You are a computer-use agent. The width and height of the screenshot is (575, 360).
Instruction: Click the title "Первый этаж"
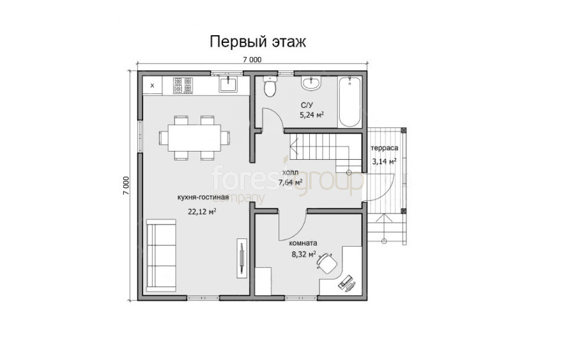coord(257,42)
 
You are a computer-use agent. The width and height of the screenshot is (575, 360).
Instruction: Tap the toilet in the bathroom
coord(270,86)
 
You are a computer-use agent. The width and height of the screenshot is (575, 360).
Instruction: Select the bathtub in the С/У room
coord(349,102)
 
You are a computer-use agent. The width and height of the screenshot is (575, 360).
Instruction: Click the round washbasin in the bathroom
coord(311,83)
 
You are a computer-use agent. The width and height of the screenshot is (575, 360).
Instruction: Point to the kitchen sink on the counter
coord(228,84)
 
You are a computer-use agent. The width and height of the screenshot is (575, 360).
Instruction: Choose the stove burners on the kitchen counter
coord(183,86)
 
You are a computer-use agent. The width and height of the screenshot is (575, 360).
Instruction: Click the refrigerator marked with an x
coord(152,86)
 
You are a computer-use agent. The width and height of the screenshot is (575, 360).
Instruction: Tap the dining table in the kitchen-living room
coord(194,137)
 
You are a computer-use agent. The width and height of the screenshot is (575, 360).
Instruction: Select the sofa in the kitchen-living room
coord(161,255)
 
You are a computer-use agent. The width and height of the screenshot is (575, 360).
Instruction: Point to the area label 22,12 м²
coord(202,212)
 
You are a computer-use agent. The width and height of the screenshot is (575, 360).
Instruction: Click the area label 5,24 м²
coord(312,115)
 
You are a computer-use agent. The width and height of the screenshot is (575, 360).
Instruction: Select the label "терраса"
coord(385,148)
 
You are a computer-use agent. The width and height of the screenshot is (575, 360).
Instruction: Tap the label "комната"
coord(303,243)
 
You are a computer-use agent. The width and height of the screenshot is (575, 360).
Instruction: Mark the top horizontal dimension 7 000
coord(252,59)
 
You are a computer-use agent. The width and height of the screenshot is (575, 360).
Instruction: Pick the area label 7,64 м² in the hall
coord(291,182)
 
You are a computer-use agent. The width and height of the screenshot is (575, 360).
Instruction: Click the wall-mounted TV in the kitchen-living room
coord(242,258)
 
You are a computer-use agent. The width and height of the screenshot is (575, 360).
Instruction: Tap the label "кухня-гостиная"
coord(203,198)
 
